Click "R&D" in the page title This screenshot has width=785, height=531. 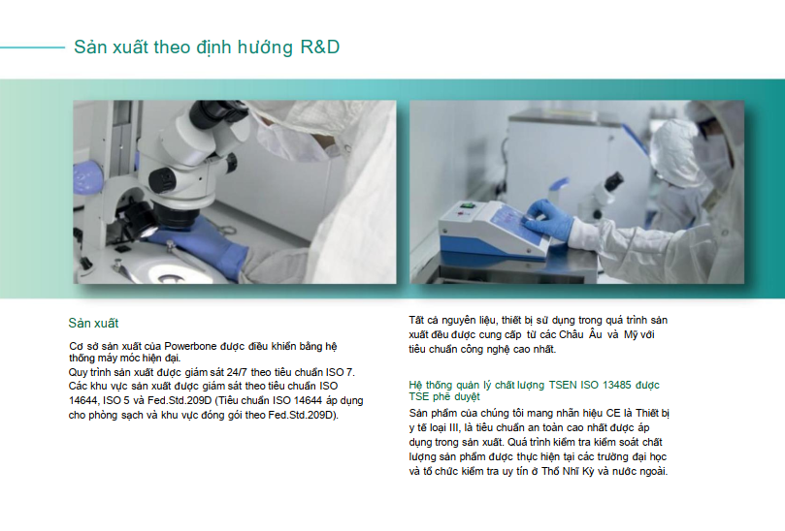tap(320, 47)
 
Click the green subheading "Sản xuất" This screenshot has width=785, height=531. tap(93, 323)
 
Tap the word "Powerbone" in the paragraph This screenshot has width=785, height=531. tap(190, 346)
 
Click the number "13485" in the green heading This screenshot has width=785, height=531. tap(617, 385)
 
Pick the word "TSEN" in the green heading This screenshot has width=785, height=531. tap(563, 385)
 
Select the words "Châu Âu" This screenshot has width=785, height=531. tap(580, 334)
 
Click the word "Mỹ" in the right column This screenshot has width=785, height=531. tap(631, 334)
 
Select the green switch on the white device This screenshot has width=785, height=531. tap(467, 204)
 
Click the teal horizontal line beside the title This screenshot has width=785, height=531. tap(33, 47)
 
